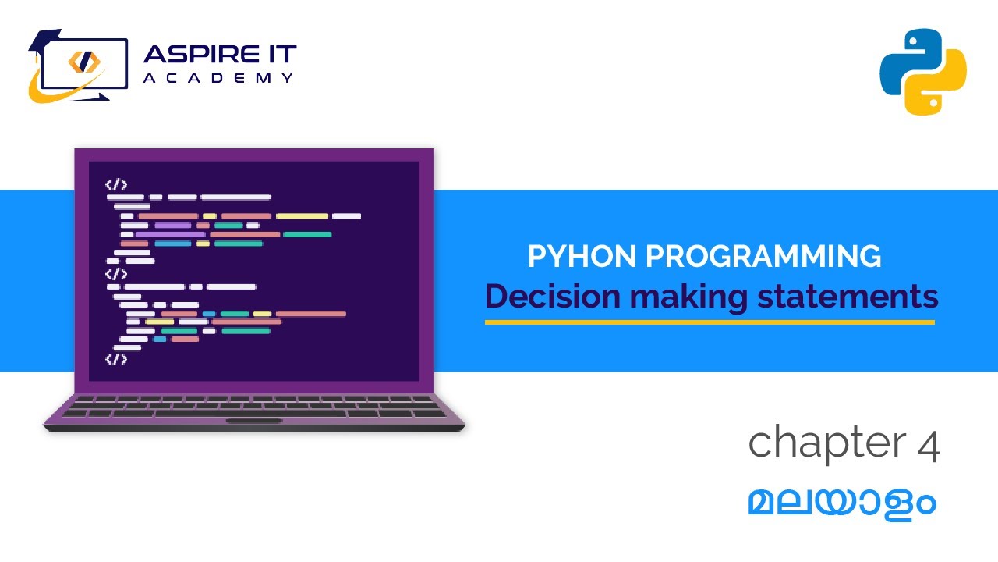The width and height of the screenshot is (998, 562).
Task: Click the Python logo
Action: tap(923, 72)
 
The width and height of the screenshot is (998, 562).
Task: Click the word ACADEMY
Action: tap(219, 78)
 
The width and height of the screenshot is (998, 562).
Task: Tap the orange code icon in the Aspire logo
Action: tap(82, 62)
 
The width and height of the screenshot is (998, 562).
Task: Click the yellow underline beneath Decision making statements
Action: tap(710, 322)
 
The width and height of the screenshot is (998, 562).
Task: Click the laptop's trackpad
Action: tap(254, 421)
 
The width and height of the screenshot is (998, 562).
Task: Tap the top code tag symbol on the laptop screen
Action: tap(116, 185)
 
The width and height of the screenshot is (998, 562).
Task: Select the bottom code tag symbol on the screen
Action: tap(116, 359)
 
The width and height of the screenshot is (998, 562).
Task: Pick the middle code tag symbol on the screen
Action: tap(116, 274)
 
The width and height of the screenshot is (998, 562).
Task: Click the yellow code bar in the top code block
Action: tap(302, 215)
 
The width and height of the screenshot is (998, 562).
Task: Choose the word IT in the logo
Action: tap(281, 55)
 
